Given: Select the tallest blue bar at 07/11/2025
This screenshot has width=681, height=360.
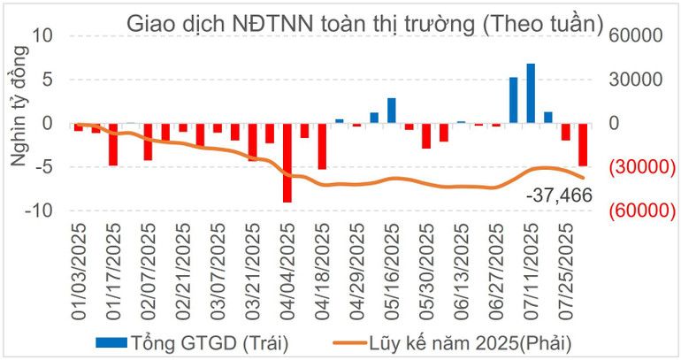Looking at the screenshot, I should (x=531, y=93).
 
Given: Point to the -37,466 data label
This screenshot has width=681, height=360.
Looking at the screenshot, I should (x=557, y=195).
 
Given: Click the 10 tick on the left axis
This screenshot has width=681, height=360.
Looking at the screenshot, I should (x=43, y=36).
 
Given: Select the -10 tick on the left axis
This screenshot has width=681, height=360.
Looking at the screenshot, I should (x=40, y=211).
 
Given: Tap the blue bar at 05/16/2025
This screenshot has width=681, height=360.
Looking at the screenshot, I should (x=391, y=111).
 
